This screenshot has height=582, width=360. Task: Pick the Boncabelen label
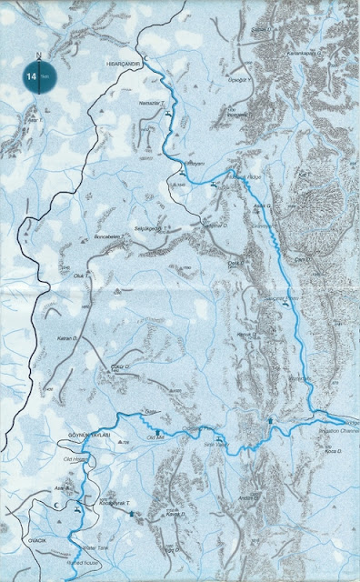point(107,236)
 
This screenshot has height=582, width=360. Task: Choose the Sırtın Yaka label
point(214,444)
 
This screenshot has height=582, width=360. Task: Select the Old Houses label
point(74,458)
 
